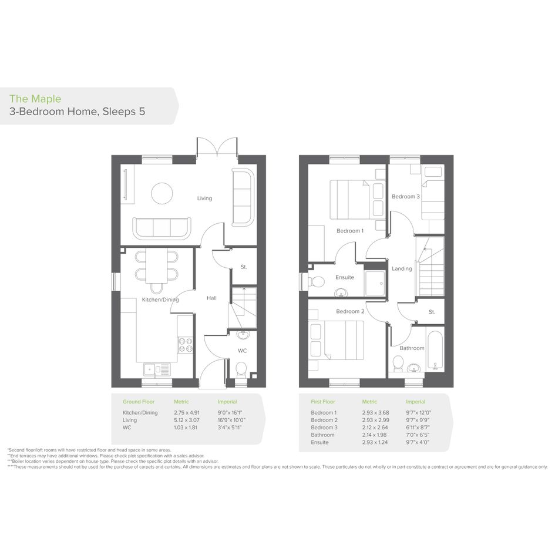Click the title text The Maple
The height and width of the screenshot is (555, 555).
click(35, 99)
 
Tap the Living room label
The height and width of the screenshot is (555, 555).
click(204, 199)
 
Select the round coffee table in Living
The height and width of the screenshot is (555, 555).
click(162, 193)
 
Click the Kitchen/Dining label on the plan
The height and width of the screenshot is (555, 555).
click(160, 300)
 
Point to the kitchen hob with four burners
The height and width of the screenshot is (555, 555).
click(185, 345)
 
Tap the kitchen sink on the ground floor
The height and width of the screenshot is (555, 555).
click(157, 369)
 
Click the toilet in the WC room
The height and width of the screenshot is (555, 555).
click(241, 368)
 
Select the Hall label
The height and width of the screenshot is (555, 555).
click(211, 298)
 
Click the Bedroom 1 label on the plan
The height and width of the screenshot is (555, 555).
click(350, 231)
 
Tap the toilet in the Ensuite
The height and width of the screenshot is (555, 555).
click(316, 282)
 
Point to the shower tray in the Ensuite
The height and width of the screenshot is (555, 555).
click(375, 283)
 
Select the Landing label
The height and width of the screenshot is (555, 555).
click(402, 268)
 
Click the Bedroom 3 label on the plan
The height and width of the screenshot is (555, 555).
click(406, 196)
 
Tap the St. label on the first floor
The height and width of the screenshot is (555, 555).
click(432, 312)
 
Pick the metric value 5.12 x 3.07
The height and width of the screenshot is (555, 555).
click(187, 420)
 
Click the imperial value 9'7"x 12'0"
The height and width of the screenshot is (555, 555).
click(419, 413)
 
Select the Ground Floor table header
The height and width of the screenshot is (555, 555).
click(139, 402)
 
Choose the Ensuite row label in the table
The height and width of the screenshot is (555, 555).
click(319, 442)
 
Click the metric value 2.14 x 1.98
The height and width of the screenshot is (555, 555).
click(375, 435)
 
